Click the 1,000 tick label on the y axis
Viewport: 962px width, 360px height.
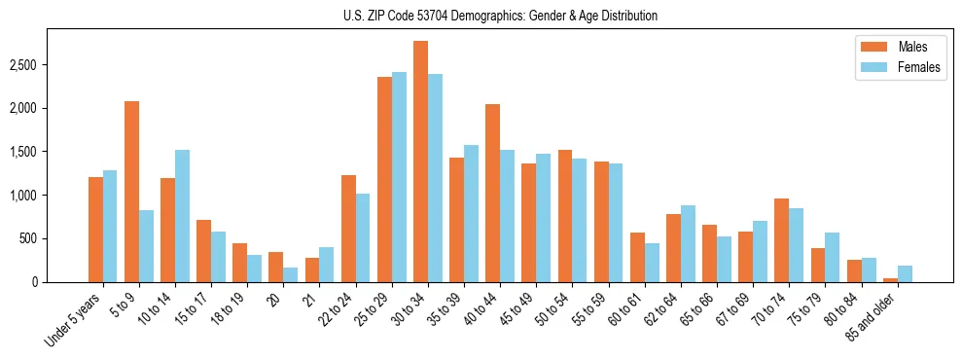click(25, 196)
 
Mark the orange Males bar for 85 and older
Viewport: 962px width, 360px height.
click(890, 280)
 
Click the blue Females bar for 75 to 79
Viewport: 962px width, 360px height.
click(833, 258)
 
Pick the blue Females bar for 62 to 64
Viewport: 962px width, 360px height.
click(688, 243)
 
